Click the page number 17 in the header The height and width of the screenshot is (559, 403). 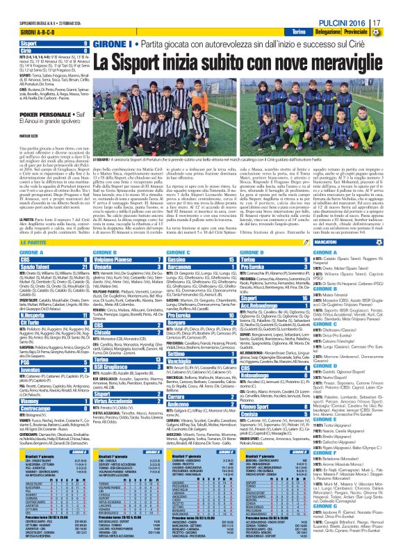393,24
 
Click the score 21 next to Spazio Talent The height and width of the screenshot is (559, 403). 85,265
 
